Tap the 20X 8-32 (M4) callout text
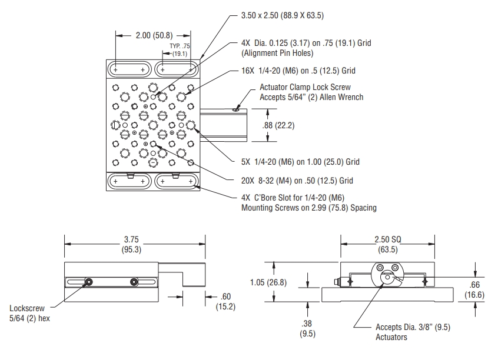point(297,181)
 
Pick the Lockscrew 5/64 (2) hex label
point(29,312)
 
